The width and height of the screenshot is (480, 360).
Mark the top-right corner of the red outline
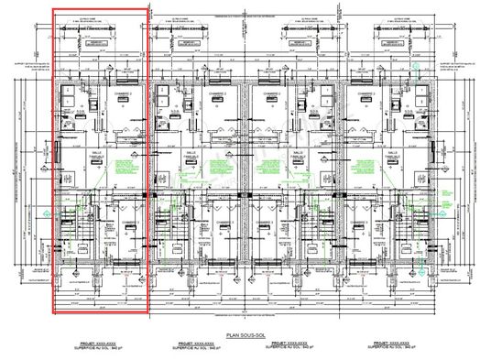coord(147,9)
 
